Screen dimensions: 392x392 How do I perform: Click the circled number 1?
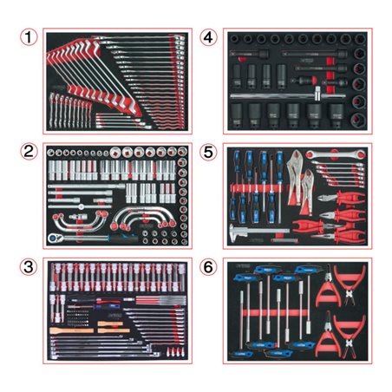click(x=29, y=37)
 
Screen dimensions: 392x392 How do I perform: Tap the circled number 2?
click(x=29, y=151)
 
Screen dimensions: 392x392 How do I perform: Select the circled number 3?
click(x=29, y=266)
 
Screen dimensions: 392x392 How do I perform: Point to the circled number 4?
click(x=208, y=37)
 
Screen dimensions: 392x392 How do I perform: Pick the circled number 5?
click(x=208, y=152)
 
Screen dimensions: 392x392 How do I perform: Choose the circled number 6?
click(x=208, y=266)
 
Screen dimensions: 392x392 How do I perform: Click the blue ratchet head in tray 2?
click(x=54, y=238)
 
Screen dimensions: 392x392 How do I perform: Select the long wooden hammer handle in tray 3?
click(x=72, y=330)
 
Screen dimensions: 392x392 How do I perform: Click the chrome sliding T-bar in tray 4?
click(x=288, y=95)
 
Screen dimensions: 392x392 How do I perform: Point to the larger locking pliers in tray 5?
click(x=295, y=176)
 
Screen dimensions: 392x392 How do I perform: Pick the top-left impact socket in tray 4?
click(x=233, y=38)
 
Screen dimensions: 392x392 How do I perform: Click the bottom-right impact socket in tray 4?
click(x=358, y=120)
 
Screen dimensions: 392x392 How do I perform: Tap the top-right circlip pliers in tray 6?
click(x=350, y=284)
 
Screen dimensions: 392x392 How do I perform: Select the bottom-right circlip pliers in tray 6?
click(x=350, y=335)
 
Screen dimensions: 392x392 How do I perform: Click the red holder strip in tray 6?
click(x=276, y=312)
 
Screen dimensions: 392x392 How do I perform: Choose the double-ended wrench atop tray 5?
click(x=336, y=154)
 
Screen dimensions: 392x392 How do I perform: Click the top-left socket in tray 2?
click(x=51, y=153)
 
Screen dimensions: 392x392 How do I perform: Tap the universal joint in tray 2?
click(x=78, y=216)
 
